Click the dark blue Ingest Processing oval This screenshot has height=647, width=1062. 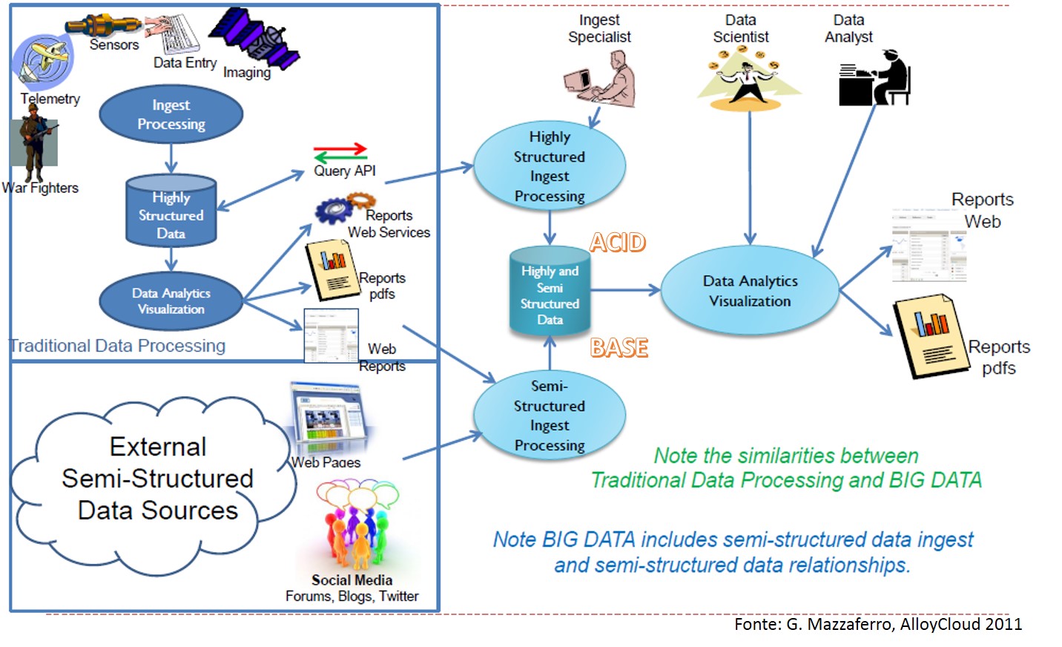(x=171, y=114)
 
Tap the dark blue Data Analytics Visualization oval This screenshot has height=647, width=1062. (x=171, y=300)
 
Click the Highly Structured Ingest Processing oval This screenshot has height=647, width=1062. (x=550, y=166)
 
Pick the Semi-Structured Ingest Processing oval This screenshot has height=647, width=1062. (x=550, y=416)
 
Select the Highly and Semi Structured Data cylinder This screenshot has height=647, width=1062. (x=550, y=294)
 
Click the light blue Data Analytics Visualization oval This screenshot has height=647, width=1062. (x=750, y=290)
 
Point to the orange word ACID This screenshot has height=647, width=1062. (x=618, y=243)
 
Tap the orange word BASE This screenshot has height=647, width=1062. (x=619, y=347)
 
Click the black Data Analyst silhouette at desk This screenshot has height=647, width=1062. (x=875, y=79)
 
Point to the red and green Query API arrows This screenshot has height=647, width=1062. (x=340, y=152)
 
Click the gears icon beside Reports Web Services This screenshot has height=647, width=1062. (x=343, y=208)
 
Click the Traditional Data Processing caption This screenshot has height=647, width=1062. (x=117, y=346)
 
